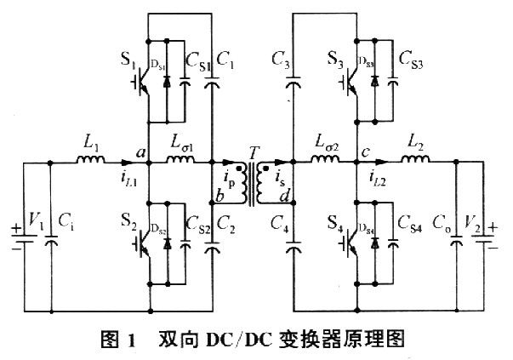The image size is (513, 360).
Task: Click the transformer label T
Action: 253,151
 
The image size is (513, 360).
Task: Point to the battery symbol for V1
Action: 20,237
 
